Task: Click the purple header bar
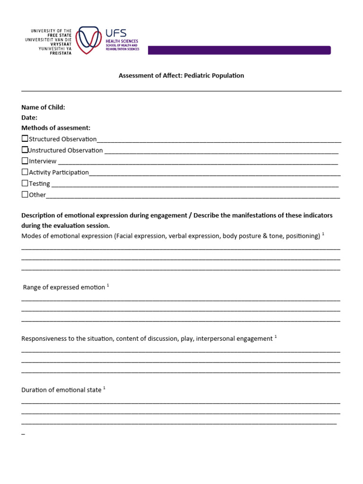click(x=239, y=50)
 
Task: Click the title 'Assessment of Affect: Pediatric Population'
click(x=181, y=76)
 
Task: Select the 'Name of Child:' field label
click(x=43, y=107)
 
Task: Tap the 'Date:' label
click(x=29, y=118)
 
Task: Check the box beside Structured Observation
click(x=25, y=138)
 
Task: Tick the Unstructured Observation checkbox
click(x=25, y=150)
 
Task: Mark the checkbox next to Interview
click(x=25, y=161)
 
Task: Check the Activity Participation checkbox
click(x=25, y=172)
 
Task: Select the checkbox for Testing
click(x=25, y=183)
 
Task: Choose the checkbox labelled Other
click(x=25, y=194)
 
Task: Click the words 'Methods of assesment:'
click(x=56, y=128)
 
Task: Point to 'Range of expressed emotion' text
click(x=64, y=287)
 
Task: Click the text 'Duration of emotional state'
click(x=61, y=390)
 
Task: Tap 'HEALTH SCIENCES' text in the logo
click(x=122, y=42)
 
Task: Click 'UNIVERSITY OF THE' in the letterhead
click(x=51, y=31)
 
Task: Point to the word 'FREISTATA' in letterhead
click(x=61, y=53)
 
